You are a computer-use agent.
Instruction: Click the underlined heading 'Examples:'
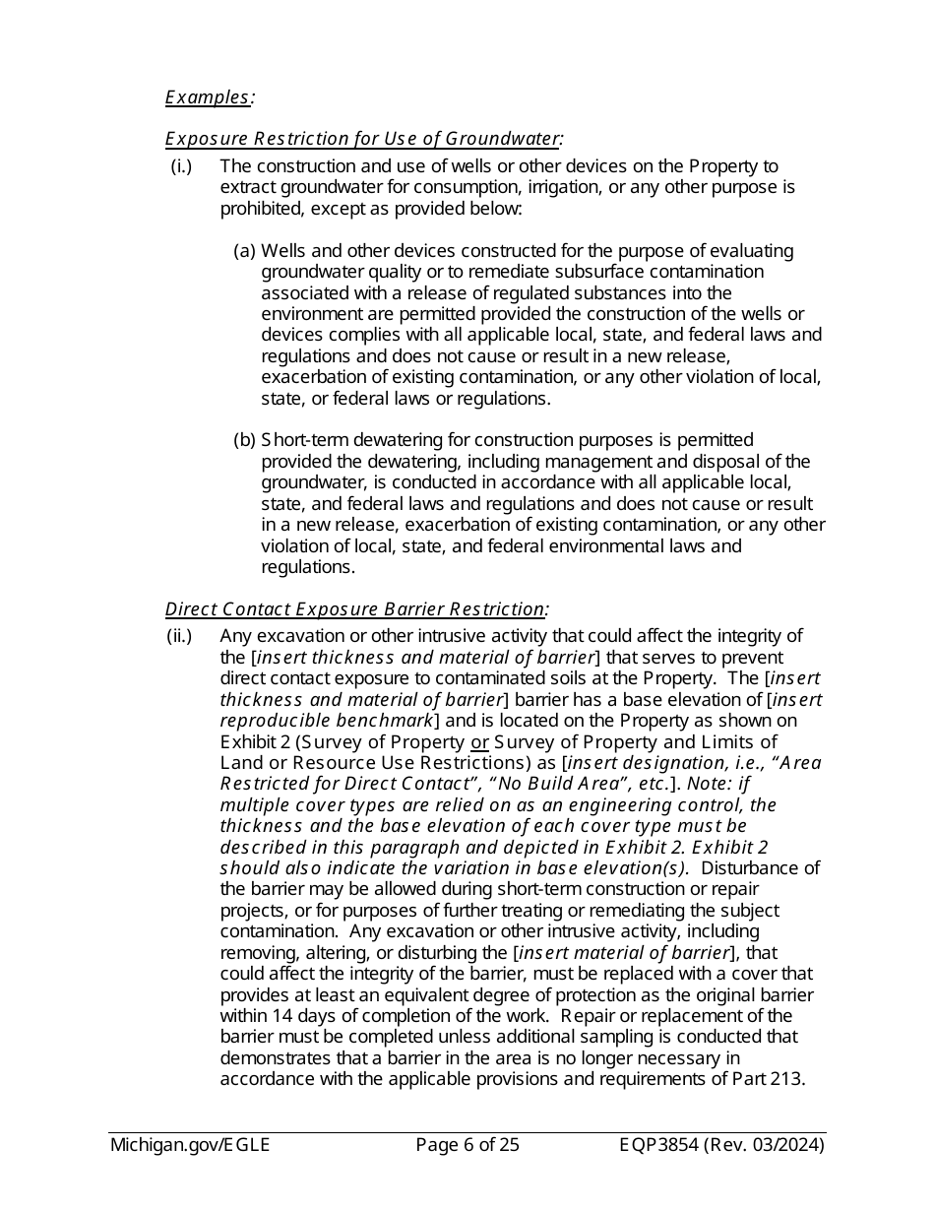[x=208, y=96]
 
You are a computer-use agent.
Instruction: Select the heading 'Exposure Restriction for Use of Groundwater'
[x=363, y=139]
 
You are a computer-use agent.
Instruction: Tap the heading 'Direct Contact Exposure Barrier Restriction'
[x=355, y=609]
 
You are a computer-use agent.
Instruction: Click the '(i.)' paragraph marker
[x=181, y=166]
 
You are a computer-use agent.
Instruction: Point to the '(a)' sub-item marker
[x=244, y=251]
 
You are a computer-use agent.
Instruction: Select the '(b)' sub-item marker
[x=244, y=440]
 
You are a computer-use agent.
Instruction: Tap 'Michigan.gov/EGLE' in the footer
[x=190, y=1145]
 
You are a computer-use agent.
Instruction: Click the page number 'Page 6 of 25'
[x=467, y=1145]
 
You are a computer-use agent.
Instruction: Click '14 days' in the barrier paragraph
[x=308, y=1016]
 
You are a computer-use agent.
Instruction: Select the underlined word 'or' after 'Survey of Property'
[x=479, y=741]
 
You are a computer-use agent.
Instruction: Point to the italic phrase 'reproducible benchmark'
[x=327, y=721]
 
